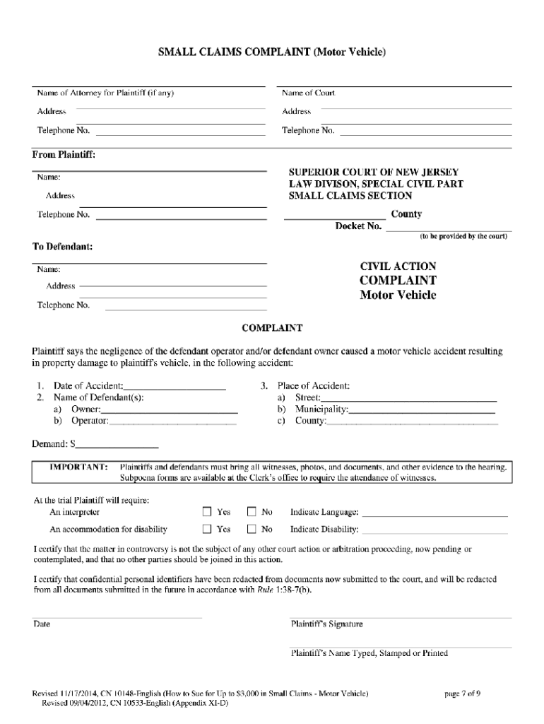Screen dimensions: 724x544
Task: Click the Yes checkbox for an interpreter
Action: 208,512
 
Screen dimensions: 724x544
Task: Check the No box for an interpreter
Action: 252,512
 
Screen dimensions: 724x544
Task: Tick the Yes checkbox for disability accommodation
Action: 208,529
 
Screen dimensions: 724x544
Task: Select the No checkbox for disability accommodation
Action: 252,529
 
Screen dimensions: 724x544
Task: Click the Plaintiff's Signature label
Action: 326,624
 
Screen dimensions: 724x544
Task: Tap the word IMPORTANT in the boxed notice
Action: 78,467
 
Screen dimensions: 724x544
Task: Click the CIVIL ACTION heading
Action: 398,267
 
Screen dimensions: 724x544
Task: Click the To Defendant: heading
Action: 63,247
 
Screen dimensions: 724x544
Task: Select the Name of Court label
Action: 308,93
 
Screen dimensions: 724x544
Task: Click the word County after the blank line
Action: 406,214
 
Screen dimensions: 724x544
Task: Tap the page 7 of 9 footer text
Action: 462,694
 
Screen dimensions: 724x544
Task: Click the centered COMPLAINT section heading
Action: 272,328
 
